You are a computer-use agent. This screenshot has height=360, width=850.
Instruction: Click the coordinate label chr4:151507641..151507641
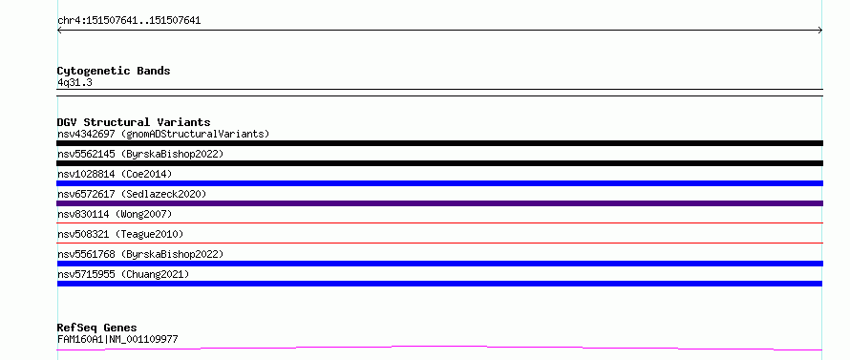coord(129,21)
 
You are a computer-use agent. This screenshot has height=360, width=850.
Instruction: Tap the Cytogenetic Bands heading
coord(114,71)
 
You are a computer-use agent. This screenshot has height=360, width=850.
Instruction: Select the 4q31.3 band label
coord(74,82)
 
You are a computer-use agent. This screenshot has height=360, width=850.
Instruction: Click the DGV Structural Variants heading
coord(134,122)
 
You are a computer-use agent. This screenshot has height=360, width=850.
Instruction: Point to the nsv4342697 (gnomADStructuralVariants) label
coord(163,134)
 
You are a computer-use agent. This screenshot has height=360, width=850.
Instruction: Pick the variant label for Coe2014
coord(115,174)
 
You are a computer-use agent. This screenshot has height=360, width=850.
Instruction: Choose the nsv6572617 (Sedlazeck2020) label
coord(132,194)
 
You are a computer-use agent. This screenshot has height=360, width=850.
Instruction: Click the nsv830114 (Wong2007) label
coord(115,214)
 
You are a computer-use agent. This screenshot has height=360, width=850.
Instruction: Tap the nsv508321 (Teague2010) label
coord(120,234)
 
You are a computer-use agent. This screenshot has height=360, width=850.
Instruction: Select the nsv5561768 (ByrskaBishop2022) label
coord(140,254)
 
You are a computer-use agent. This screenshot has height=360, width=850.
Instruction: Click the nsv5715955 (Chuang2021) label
coord(123,274)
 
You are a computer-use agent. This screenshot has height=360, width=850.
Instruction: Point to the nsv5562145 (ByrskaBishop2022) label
coord(140,154)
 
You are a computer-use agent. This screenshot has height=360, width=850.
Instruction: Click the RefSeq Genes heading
coord(96,328)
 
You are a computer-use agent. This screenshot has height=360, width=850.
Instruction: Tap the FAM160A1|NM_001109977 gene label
coord(117,339)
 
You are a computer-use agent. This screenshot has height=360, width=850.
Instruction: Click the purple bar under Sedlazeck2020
coord(439,203)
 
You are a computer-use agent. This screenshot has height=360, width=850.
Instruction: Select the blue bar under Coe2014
coord(439,183)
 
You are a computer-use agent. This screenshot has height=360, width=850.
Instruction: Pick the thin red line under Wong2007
coord(439,222)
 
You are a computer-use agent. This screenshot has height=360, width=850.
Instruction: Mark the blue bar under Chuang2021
coord(439,284)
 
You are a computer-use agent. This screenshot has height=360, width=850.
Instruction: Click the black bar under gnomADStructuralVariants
coord(439,143)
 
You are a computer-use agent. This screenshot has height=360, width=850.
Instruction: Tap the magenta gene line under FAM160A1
coord(439,347)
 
